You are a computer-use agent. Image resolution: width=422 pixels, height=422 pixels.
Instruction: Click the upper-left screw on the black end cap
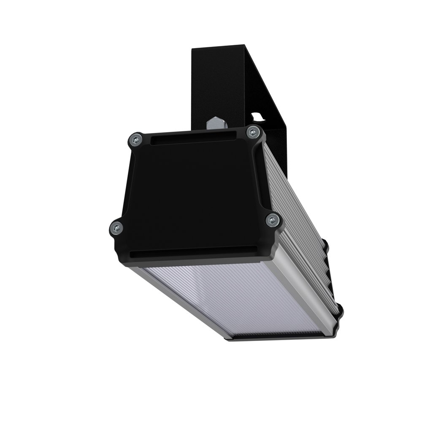coord(135,139)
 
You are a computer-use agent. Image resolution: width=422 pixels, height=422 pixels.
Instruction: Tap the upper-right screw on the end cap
coord(252,132)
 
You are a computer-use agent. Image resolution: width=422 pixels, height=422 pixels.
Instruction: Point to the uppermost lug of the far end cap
coord(325,244)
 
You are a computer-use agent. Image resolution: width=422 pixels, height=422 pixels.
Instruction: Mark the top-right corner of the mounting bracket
coord(246,44)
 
